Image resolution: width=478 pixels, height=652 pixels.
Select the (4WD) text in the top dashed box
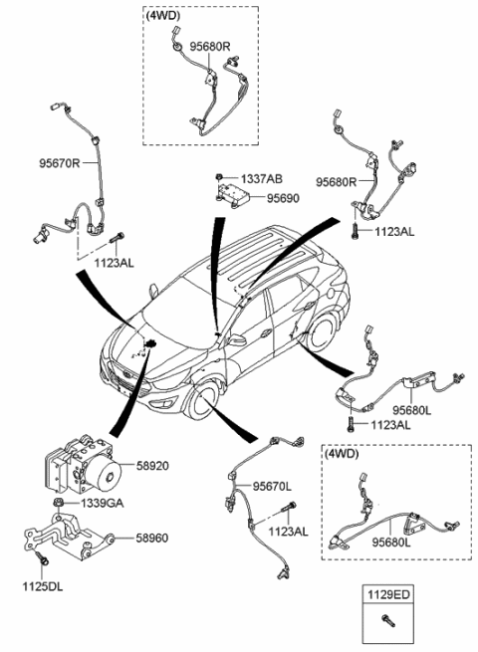point(163,17)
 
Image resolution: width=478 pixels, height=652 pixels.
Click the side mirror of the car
point(237,339)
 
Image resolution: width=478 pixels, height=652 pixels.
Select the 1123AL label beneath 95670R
point(114,263)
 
